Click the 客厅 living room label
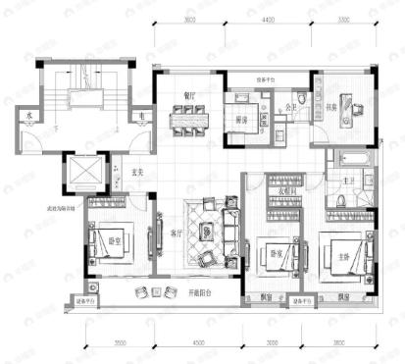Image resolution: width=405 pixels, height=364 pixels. pos(177,234)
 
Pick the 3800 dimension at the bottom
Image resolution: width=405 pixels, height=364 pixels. pos(338,342)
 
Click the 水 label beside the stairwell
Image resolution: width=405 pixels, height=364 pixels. pos(31,116)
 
